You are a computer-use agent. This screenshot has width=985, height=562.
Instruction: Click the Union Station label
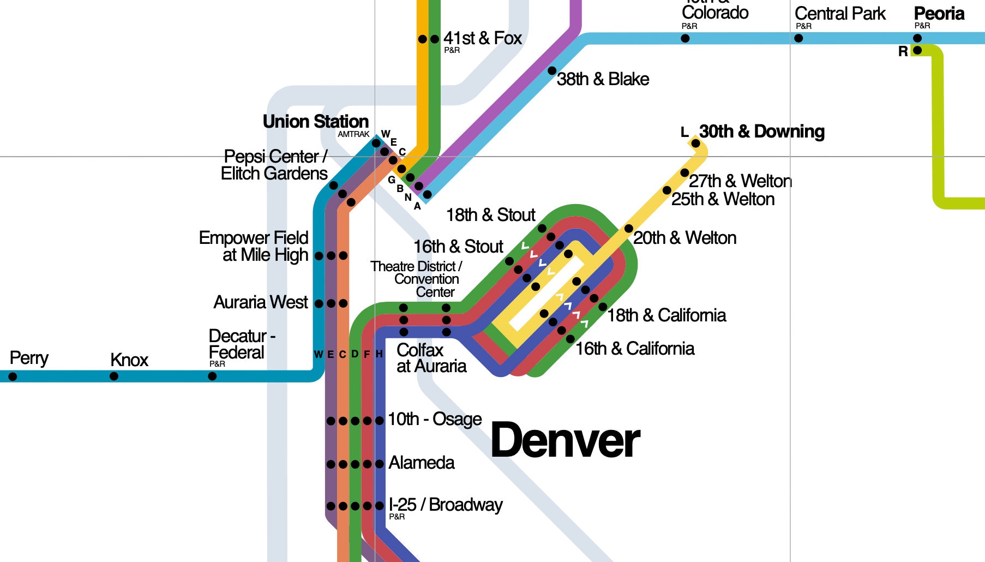click(315, 121)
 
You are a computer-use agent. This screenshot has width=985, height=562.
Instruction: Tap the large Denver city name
click(565, 440)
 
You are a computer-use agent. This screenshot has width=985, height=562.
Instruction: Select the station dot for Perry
click(13, 376)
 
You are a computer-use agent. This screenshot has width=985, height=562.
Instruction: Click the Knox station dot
click(114, 376)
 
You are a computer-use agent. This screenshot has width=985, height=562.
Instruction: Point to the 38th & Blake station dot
click(552, 71)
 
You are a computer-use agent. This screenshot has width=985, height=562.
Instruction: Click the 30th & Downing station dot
click(695, 144)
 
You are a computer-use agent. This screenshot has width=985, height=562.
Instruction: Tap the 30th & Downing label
click(761, 131)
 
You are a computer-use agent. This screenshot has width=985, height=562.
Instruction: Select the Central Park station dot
click(798, 38)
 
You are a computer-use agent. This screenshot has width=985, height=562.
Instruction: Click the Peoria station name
click(939, 14)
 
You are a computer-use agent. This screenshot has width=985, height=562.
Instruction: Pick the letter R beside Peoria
click(903, 51)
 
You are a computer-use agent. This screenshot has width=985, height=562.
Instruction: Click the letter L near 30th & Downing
click(684, 132)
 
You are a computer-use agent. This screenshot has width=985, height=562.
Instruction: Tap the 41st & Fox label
click(482, 38)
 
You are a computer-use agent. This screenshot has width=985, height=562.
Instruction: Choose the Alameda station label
click(421, 463)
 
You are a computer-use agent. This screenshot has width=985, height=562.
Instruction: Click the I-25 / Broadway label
click(445, 505)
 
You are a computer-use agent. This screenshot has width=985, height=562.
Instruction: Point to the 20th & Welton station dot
click(629, 229)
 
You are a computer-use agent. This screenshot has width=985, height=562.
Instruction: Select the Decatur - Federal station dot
click(212, 376)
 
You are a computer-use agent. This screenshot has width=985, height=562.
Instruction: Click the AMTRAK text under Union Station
click(353, 134)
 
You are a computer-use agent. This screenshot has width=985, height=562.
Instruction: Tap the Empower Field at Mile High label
click(254, 246)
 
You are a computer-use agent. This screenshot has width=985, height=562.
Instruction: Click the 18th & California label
click(666, 315)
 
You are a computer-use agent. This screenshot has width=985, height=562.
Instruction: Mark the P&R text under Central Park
click(803, 26)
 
